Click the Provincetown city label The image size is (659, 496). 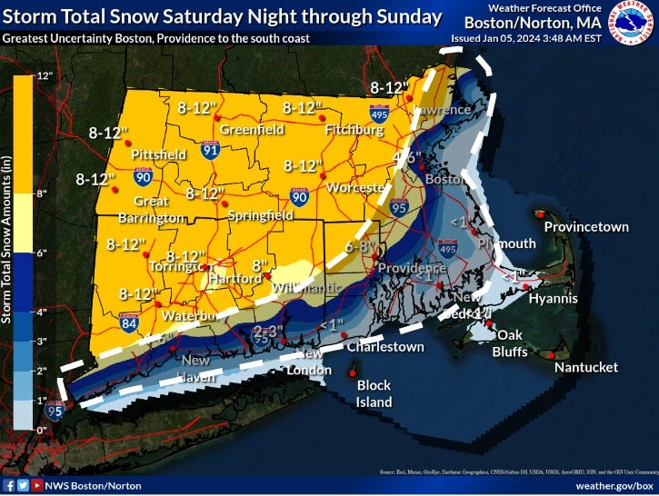click(x=586, y=226)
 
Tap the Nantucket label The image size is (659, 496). click(x=587, y=367)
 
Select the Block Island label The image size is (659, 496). click(x=373, y=393)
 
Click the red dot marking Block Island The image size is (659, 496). click(x=354, y=372)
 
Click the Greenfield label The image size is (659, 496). click(x=252, y=130)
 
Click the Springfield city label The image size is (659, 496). click(x=261, y=215)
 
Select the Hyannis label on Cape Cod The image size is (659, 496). click(x=553, y=297)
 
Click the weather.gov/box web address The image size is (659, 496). click(x=613, y=486)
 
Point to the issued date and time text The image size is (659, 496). click(x=515, y=38)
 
